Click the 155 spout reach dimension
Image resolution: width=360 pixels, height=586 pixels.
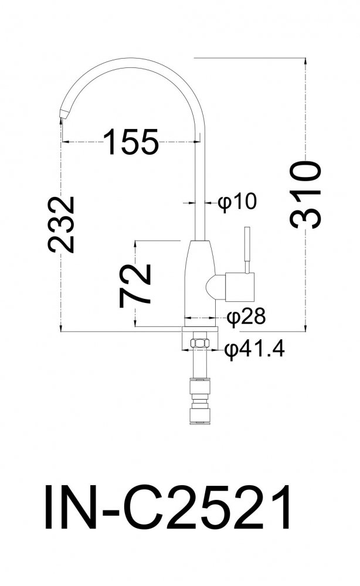131,142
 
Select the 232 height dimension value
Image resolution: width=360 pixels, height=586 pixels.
62,224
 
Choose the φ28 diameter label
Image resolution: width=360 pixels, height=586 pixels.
247,317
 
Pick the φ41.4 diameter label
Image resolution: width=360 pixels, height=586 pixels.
254,350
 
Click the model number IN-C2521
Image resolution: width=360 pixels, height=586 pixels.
167,507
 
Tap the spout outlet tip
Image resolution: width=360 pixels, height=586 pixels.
62,115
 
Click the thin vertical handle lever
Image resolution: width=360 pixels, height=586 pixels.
247,250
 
